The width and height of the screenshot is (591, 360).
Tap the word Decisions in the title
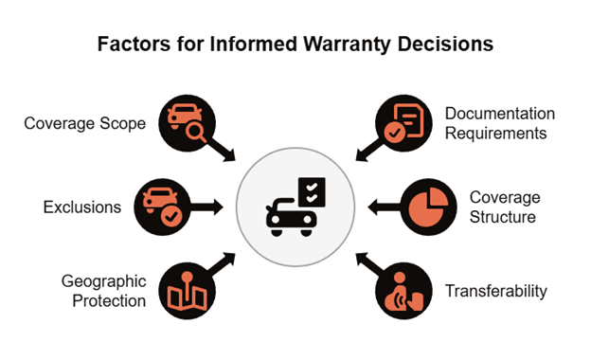pos(445,44)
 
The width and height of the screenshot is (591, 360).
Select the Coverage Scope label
pos(85,124)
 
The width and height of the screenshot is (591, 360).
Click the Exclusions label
pos(82,207)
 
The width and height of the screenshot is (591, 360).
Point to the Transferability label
pos(496,292)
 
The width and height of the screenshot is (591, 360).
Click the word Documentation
pos(500,114)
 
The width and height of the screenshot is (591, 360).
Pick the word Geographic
pos(103,281)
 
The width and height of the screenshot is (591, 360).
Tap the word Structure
pos(502,217)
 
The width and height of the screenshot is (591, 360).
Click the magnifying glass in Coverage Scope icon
pos(196,133)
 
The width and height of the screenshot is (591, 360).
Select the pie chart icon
pos(428,207)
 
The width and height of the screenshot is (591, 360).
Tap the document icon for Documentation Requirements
pos(408,120)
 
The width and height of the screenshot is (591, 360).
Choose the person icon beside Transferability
pos(397,292)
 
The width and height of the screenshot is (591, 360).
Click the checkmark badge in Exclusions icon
pos(171,216)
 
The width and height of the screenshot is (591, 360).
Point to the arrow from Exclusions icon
pos(206,207)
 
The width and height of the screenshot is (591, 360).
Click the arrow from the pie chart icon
pos(385,207)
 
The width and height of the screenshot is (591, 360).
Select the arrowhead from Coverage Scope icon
pos(229,155)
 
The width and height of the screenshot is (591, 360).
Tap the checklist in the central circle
pos(312,192)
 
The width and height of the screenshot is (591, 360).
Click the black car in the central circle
pos(291,218)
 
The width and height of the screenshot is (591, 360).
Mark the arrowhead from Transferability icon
pos(363,260)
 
